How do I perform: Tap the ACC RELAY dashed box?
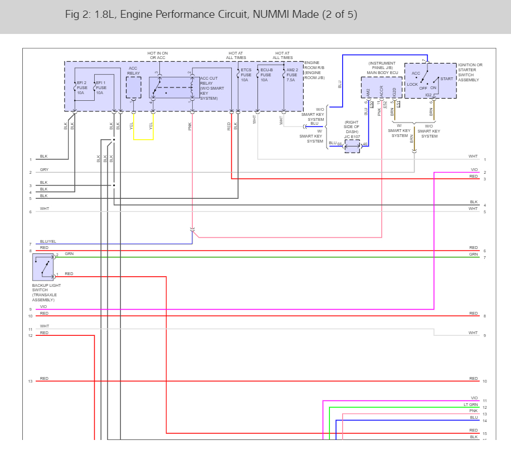(x=134, y=87)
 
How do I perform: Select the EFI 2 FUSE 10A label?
(x=81, y=87)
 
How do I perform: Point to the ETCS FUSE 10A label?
(x=246, y=75)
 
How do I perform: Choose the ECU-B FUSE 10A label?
(x=267, y=75)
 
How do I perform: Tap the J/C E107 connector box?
(x=353, y=146)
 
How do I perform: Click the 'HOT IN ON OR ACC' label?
(x=157, y=55)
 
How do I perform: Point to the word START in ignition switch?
(x=446, y=79)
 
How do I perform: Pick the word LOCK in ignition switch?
(x=412, y=85)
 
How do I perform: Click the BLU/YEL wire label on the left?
(x=48, y=242)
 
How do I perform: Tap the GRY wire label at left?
(x=44, y=169)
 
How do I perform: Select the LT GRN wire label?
(x=471, y=405)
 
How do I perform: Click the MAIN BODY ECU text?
(x=382, y=72)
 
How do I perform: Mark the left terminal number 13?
(x=30, y=381)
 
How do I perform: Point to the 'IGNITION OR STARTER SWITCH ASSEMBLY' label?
(x=470, y=72)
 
